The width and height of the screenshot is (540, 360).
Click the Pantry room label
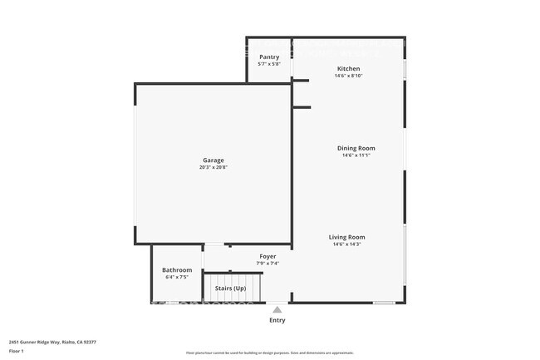269,57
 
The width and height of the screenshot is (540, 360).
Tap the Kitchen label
348,68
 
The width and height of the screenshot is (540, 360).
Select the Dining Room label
356,148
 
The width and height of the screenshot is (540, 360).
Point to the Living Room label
349,237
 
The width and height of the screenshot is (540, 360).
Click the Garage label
214,160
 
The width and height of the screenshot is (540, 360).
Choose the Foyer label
268,256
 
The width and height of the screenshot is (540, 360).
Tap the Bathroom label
177,269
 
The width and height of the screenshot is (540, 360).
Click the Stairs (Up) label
230,288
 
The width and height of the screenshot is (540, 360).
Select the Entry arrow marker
277,308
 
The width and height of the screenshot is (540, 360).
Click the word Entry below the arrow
277,320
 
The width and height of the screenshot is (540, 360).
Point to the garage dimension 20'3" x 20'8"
214,167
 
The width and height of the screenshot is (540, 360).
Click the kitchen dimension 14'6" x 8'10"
348,76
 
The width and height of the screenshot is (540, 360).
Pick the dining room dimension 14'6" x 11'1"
356,155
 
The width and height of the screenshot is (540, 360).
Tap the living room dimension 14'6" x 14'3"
349,244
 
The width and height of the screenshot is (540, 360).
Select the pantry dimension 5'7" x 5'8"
269,64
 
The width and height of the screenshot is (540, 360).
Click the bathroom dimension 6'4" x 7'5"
177,277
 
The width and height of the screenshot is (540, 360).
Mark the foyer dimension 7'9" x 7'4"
268,264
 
